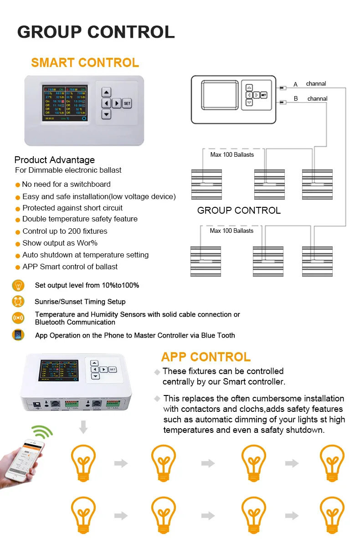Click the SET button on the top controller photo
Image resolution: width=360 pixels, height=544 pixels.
(x=127, y=103)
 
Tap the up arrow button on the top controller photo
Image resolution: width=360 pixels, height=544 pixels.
(x=106, y=92)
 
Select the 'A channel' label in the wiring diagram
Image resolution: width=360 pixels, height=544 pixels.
(x=310, y=84)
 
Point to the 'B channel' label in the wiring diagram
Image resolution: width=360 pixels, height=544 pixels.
(x=311, y=99)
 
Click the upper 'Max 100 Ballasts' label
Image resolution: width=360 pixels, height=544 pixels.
(x=232, y=154)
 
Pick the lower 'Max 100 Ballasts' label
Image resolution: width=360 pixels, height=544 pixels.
(x=231, y=231)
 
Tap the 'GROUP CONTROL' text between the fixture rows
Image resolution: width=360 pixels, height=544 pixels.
(x=239, y=210)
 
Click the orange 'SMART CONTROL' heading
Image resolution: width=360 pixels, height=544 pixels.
(x=85, y=63)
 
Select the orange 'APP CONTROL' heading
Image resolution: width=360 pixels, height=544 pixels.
(x=206, y=357)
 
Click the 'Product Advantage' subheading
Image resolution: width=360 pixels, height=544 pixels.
(x=55, y=160)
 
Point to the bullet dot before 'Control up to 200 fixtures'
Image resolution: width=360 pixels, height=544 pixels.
(x=18, y=232)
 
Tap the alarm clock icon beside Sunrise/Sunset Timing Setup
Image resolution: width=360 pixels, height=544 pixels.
(x=18, y=302)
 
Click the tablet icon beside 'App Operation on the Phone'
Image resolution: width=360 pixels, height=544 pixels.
(x=18, y=335)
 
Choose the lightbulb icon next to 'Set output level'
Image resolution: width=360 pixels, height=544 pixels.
(x=18, y=286)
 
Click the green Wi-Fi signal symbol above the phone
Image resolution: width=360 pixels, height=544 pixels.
(x=42, y=431)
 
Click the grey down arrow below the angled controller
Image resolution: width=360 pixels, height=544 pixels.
(x=83, y=427)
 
